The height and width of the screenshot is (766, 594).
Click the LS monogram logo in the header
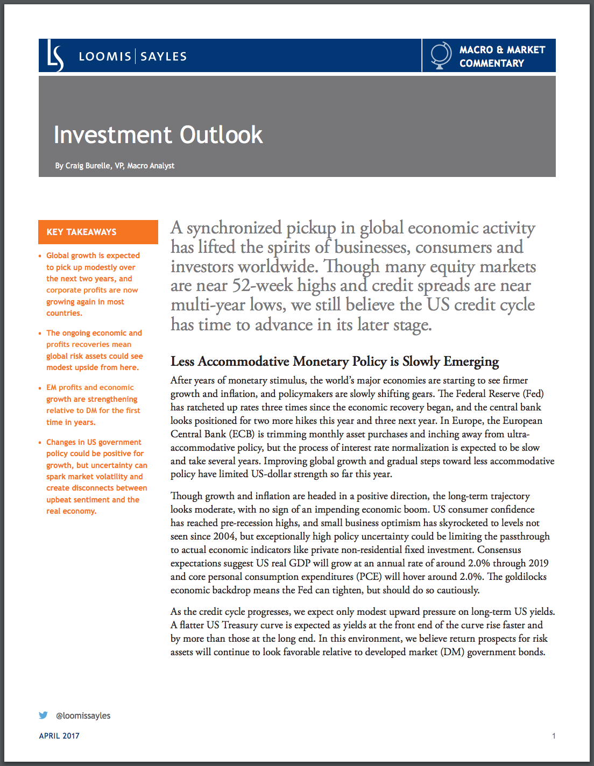(x=55, y=56)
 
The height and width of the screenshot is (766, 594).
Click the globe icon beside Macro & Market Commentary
(x=441, y=55)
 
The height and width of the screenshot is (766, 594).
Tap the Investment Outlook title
(x=158, y=135)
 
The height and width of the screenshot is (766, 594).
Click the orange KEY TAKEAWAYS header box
(x=98, y=232)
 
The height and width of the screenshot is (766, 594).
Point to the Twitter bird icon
(x=44, y=715)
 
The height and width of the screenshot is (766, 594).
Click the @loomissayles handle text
(x=83, y=716)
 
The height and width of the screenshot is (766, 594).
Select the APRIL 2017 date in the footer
(x=59, y=736)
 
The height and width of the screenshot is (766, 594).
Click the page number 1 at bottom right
(x=554, y=736)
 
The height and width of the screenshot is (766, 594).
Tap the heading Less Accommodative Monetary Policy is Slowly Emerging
(x=335, y=361)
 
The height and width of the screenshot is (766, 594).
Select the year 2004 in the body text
(x=224, y=536)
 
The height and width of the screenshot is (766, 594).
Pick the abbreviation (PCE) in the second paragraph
(x=369, y=577)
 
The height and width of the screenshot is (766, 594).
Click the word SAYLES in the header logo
(x=164, y=56)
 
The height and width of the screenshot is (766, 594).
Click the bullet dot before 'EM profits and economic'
(x=40, y=388)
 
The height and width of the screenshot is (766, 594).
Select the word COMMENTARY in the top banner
(x=491, y=63)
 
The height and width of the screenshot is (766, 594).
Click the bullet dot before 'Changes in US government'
(x=40, y=443)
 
